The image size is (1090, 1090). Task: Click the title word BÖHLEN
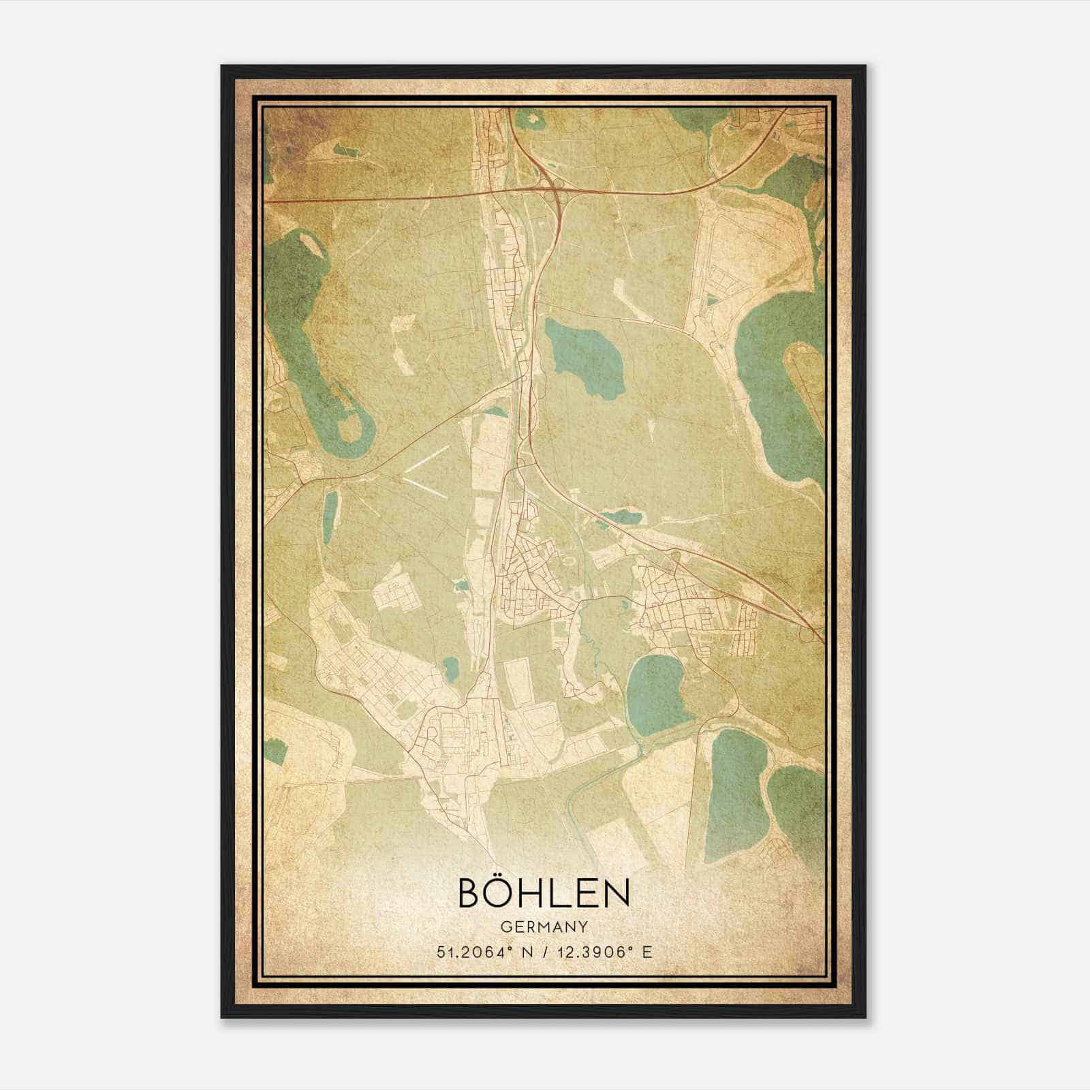click(544, 893)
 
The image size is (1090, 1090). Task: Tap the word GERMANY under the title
click(544, 927)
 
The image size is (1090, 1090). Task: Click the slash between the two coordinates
click(544, 952)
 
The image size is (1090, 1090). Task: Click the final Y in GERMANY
click(583, 927)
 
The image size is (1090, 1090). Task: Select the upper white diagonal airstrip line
click(426, 458)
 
